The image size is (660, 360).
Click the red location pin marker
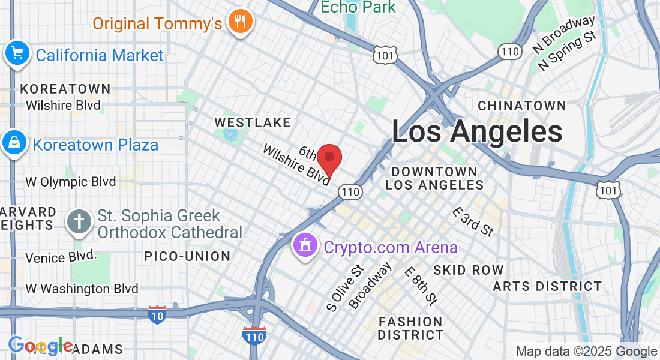pyautogui.click(x=329, y=159)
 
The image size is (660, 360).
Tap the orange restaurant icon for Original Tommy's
pyautogui.click(x=241, y=22)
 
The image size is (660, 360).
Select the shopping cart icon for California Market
pyautogui.click(x=17, y=54)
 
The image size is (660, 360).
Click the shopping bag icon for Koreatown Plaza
pyautogui.click(x=13, y=143)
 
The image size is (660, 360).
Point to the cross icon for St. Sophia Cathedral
pyautogui.click(x=79, y=221)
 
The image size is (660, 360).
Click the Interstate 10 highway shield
pyautogui.click(x=157, y=314)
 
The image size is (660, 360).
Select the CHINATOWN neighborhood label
pyautogui.click(x=521, y=106)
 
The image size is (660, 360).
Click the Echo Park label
pyautogui.click(x=358, y=7)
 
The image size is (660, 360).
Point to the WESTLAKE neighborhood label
pyautogui.click(x=253, y=122)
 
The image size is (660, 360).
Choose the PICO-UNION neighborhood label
pyautogui.click(x=187, y=256)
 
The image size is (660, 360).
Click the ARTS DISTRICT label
pyautogui.click(x=547, y=286)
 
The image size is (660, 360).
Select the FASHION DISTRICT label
pyautogui.click(x=410, y=328)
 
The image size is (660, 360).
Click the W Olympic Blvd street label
pyautogui.click(x=71, y=182)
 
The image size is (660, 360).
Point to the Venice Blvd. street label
pyautogui.click(x=61, y=257)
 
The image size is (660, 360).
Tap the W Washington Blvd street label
pyautogui.click(x=82, y=289)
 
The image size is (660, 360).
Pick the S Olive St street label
pyautogui.click(x=346, y=288)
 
